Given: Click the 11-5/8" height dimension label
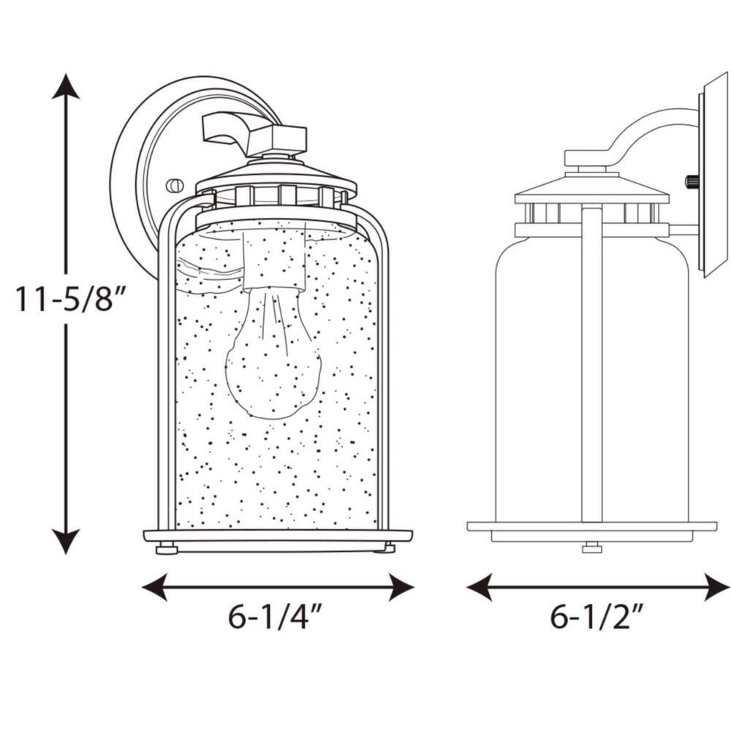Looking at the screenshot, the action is [x=65, y=299].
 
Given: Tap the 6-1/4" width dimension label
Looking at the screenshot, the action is [x=275, y=617].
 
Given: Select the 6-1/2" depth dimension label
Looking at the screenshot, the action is [x=597, y=617].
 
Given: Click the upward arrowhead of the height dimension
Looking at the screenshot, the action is [x=66, y=86].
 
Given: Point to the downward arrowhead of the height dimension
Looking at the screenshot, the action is [x=66, y=542].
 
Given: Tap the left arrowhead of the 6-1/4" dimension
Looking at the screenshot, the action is [x=154, y=587].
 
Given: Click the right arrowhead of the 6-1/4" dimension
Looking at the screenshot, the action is [x=401, y=587].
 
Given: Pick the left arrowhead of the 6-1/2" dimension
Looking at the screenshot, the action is [x=480, y=587].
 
